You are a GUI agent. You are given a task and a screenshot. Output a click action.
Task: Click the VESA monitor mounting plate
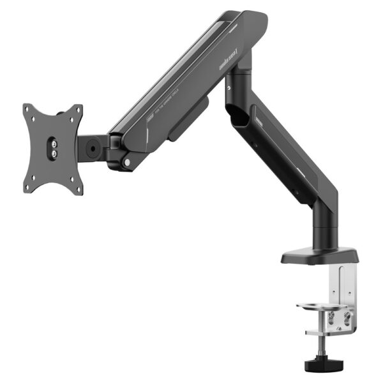point(53,148)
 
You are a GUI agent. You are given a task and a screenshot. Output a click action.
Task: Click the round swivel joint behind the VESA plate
point(93,147)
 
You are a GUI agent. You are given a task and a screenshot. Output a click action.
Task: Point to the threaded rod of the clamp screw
point(320,347)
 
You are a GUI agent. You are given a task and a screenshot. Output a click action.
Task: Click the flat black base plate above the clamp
point(319,255)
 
